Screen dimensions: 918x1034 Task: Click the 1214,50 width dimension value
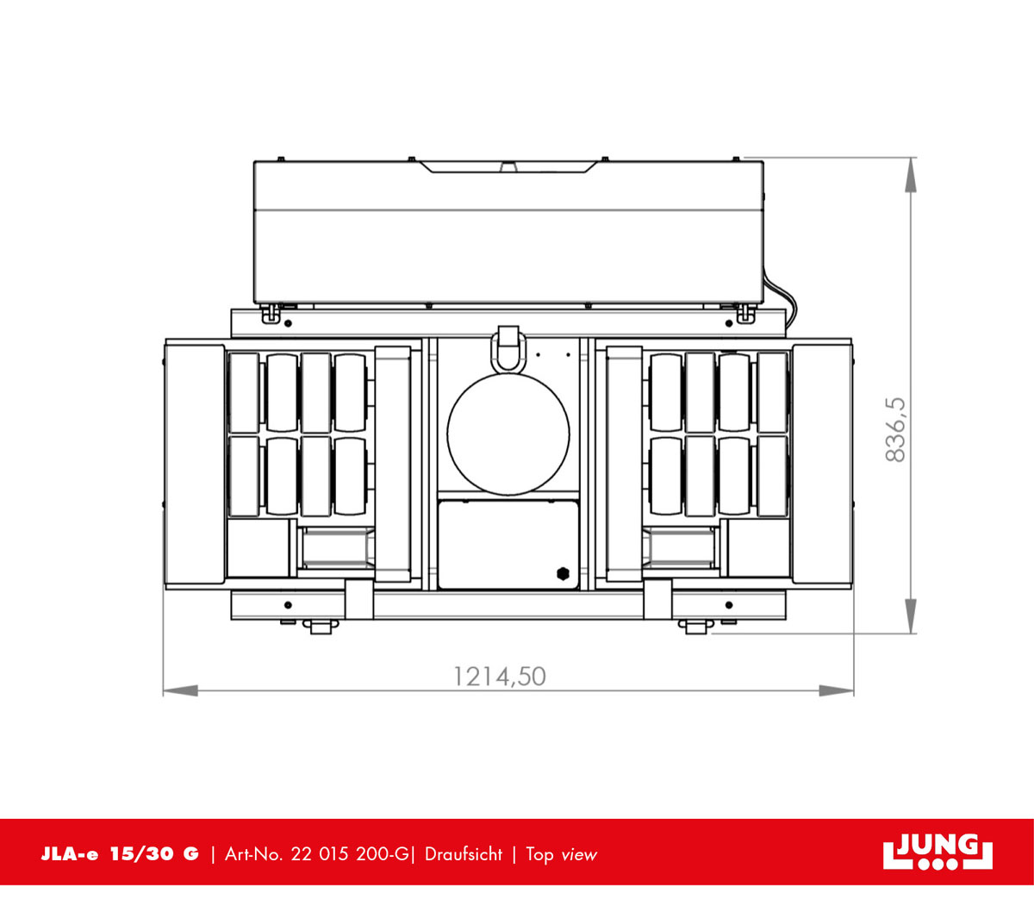(x=500, y=676)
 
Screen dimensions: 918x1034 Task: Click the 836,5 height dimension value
(x=897, y=429)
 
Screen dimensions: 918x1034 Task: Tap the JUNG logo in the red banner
(x=937, y=852)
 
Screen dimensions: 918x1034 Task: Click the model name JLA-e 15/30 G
(x=120, y=854)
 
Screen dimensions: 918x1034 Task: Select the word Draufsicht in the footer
(x=464, y=854)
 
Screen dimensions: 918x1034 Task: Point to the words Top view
(x=561, y=854)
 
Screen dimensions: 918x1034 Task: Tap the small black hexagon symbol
(x=563, y=572)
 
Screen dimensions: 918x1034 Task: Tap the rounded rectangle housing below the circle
(x=508, y=545)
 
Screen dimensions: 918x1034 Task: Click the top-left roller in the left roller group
(x=244, y=392)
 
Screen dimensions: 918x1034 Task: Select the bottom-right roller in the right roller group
(x=772, y=477)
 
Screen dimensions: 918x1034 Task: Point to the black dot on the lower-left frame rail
(x=288, y=605)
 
